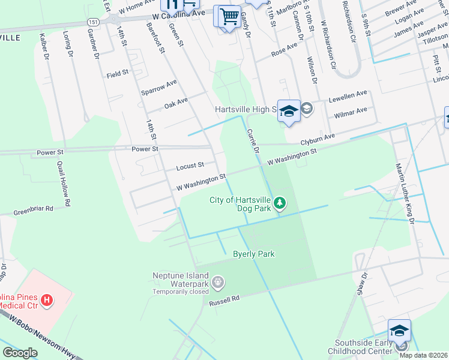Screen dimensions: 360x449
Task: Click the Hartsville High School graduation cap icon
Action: pyautogui.click(x=289, y=111)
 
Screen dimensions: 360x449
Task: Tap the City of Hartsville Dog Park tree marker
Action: pyautogui.click(x=279, y=203)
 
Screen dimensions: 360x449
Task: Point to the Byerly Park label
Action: pyautogui.click(x=253, y=254)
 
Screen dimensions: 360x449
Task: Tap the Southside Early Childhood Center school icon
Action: pyautogui.click(x=399, y=331)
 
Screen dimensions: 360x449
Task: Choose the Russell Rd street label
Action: pyautogui.click(x=224, y=300)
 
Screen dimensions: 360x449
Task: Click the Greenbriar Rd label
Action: pyautogui.click(x=34, y=209)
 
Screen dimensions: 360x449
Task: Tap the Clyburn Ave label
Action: pyautogui.click(x=318, y=141)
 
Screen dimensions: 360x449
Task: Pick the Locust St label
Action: pyautogui.click(x=190, y=165)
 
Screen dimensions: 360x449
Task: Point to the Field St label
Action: pyautogui.click(x=118, y=73)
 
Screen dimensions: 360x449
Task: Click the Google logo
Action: pyautogui.click(x=20, y=353)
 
